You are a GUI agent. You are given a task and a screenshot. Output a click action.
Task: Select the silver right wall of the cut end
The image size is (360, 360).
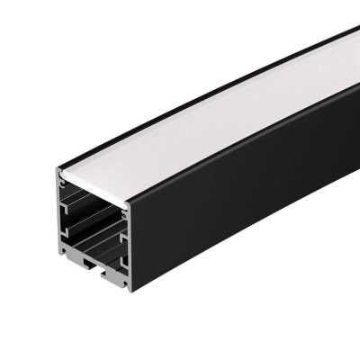coord(128,238)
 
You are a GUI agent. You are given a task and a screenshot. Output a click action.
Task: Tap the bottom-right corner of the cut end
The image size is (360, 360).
coord(128,287)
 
